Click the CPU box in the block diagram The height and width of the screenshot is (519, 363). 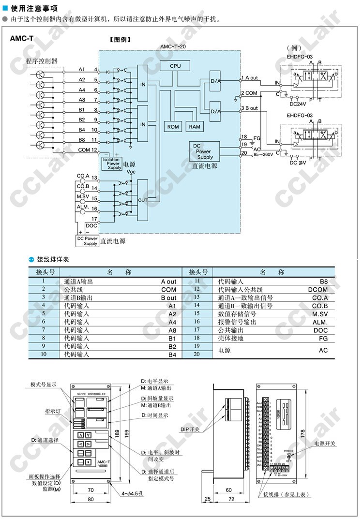pyautogui.click(x=175, y=66)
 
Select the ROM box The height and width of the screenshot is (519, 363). pyautogui.click(x=173, y=126)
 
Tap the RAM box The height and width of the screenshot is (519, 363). pyautogui.click(x=195, y=126)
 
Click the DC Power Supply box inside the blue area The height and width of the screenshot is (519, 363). pyautogui.click(x=204, y=151)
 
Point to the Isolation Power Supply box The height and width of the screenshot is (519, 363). pyautogui.click(x=111, y=163)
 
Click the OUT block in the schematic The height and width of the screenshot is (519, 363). pyautogui.click(x=142, y=199)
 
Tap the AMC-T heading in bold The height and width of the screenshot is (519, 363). pyautogui.click(x=21, y=39)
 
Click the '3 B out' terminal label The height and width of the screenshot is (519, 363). pyautogui.click(x=250, y=108)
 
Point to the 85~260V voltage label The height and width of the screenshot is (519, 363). pyautogui.click(x=264, y=155)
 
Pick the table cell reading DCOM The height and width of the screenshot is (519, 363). pyautogui.click(x=318, y=289)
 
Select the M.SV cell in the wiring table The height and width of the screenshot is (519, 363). pyautogui.click(x=320, y=313)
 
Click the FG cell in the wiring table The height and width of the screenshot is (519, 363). pyautogui.click(x=323, y=339)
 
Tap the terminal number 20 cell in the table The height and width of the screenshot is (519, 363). pyautogui.click(x=197, y=354)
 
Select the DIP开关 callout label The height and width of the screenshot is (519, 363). pyautogui.click(x=204, y=429)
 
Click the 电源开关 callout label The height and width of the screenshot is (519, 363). pyautogui.click(x=325, y=444)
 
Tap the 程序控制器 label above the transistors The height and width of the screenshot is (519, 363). pyautogui.click(x=42, y=61)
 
